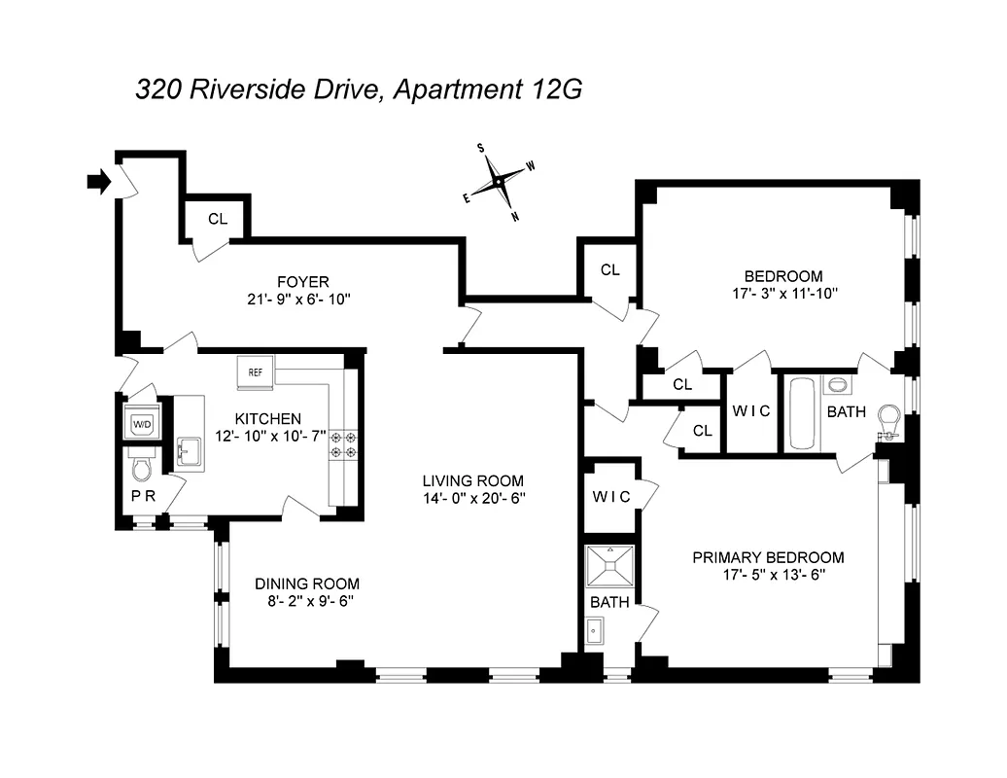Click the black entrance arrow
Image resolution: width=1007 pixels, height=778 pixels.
click(98, 181)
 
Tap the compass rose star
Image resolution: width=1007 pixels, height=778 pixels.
click(499, 182)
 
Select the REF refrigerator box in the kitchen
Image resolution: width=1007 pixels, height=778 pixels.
click(256, 371)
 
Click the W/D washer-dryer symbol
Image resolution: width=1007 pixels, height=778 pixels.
click(142, 424)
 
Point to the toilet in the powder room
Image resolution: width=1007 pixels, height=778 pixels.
click(140, 469)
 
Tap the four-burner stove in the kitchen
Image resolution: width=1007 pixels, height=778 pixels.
click(343, 444)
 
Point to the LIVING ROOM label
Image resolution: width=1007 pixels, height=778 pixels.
click(473, 480)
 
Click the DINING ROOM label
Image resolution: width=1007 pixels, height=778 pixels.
click(307, 583)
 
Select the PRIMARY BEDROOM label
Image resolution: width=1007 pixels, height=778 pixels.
click(768, 557)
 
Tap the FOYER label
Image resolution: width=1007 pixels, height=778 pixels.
click(302, 282)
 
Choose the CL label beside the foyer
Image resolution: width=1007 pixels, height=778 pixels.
click(217, 219)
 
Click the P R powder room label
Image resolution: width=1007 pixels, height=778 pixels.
click(142, 496)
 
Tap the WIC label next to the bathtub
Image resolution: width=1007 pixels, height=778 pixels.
click(750, 410)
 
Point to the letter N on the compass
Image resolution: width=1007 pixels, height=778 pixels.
click(515, 216)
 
